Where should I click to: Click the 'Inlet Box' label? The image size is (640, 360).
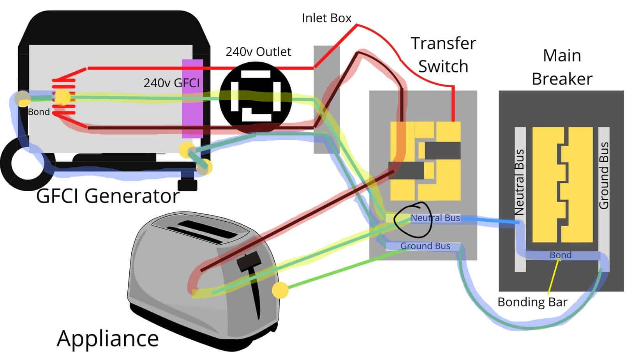click(x=326, y=18)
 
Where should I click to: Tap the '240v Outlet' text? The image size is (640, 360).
click(x=258, y=52)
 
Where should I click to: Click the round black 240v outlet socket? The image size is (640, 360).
click(x=256, y=96)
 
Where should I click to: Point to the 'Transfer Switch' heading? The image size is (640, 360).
click(x=443, y=55)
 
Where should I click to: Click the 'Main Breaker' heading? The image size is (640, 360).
click(x=562, y=67)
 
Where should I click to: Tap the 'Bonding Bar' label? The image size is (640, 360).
click(x=532, y=302)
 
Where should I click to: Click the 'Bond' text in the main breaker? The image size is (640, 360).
click(x=561, y=255)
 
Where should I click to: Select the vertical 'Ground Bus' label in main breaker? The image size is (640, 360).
click(x=603, y=176)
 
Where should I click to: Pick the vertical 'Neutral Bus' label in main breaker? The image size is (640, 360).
click(x=519, y=182)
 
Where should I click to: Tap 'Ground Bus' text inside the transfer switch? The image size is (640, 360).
click(x=425, y=246)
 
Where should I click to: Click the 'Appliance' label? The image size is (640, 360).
click(x=108, y=338)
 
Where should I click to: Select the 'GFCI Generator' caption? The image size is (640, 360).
click(x=108, y=196)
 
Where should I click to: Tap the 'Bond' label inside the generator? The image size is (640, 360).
click(x=39, y=112)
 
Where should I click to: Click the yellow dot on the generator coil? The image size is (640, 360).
click(x=62, y=97)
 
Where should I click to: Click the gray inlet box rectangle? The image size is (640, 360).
click(x=326, y=99)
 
